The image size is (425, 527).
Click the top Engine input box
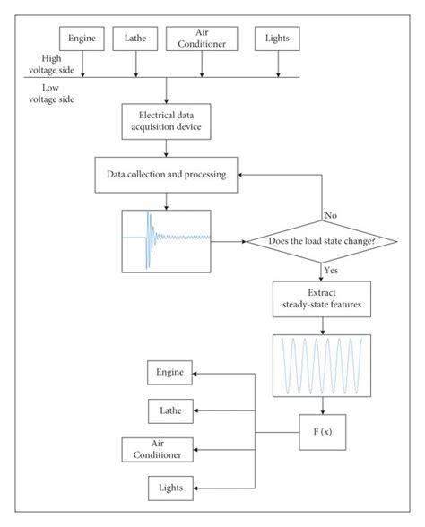[83, 39]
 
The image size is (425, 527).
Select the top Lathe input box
[136, 39]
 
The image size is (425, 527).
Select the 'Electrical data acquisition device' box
[168, 121]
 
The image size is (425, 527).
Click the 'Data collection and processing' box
[168, 174]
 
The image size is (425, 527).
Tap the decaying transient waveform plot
[166, 239]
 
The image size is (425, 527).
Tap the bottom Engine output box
[169, 373]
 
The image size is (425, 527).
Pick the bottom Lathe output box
[169, 410]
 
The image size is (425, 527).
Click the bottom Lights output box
[169, 488]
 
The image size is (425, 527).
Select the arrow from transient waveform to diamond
[228, 240]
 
